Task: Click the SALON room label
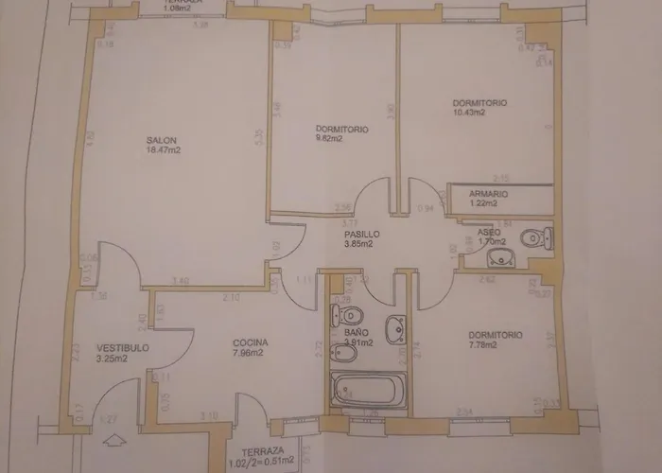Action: [x=161, y=140]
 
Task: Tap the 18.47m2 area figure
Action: [x=164, y=149]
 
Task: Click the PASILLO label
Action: [x=361, y=234]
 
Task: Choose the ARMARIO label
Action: [x=489, y=194]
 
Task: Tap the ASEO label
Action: [x=488, y=232]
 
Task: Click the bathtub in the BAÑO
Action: [x=369, y=389]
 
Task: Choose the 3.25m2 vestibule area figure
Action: [x=112, y=359]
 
